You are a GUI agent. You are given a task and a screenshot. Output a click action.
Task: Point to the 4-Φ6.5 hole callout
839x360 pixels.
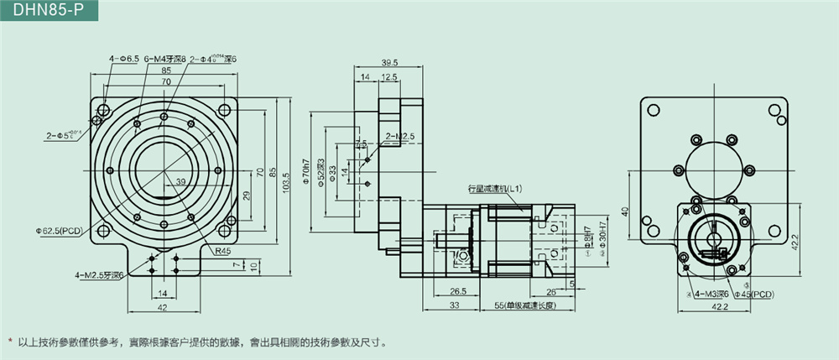point(124,60)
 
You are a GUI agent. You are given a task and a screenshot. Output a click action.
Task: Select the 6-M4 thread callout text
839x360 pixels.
point(165,60)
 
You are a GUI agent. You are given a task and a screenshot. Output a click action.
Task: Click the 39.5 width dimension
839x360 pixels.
point(389,63)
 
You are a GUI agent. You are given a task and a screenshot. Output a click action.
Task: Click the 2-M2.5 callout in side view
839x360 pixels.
point(399,136)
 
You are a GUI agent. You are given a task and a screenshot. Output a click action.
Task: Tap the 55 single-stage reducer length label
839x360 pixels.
point(529,307)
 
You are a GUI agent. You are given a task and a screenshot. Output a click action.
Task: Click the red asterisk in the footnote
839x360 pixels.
point(10,342)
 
